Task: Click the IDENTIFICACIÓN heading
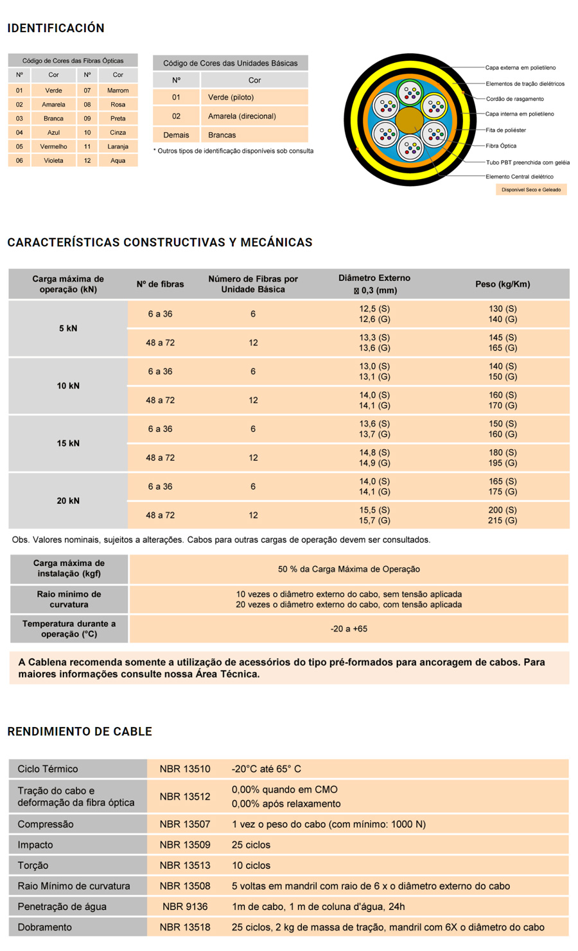[x=56, y=28]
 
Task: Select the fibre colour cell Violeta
[x=53, y=160]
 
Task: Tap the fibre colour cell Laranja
[x=118, y=146]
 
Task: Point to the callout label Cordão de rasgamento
[x=514, y=99]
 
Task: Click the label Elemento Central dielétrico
[x=519, y=176]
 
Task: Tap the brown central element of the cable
[x=409, y=120]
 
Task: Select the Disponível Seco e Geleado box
[x=530, y=190]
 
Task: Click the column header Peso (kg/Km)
[x=502, y=284]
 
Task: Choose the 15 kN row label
[x=68, y=443]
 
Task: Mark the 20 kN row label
[x=68, y=501]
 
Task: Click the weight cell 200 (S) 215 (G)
[x=502, y=515]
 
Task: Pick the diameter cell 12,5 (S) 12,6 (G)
[x=374, y=314]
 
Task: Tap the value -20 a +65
[x=349, y=629]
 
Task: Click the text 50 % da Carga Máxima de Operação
[x=349, y=569]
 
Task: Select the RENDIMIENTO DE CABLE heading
[x=80, y=732]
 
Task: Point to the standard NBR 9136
[x=185, y=907]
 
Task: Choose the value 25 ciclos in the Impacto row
[x=251, y=845]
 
